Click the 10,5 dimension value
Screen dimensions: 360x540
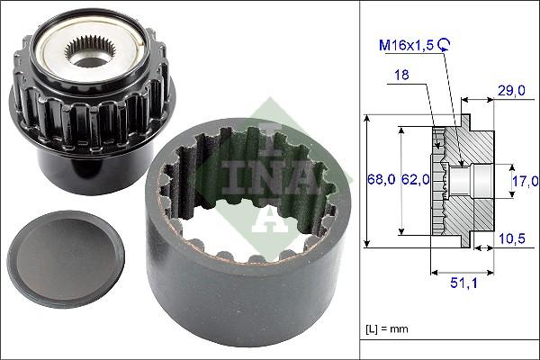point(512,238)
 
